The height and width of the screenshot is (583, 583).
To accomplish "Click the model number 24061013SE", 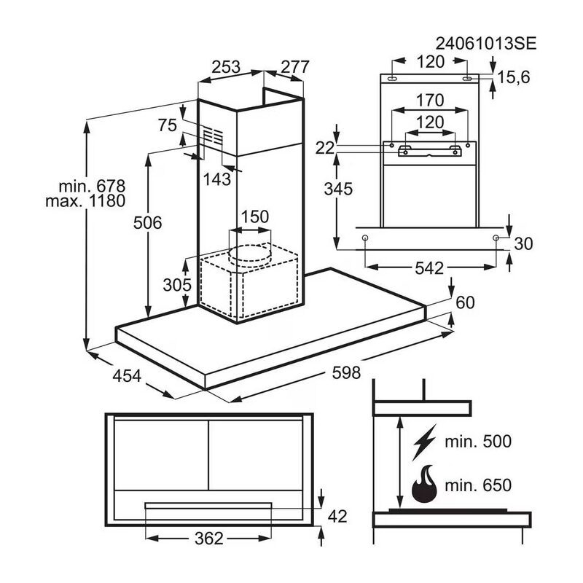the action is tap(486, 44).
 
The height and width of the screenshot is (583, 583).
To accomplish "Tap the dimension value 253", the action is tap(226, 67).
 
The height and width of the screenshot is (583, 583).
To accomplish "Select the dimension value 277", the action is tap(295, 67).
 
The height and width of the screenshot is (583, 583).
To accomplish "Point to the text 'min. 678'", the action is tap(92, 186).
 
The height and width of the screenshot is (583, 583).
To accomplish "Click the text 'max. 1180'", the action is tap(85, 201).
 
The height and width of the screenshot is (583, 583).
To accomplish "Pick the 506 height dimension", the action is tap(148, 223).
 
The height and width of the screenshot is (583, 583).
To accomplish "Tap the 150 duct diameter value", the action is tap(254, 216).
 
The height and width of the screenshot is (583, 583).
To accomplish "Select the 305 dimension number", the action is tap(177, 285).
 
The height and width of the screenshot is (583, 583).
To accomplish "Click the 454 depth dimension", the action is tap(127, 375).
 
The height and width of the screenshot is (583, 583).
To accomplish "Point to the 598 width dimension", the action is tap(346, 372).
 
